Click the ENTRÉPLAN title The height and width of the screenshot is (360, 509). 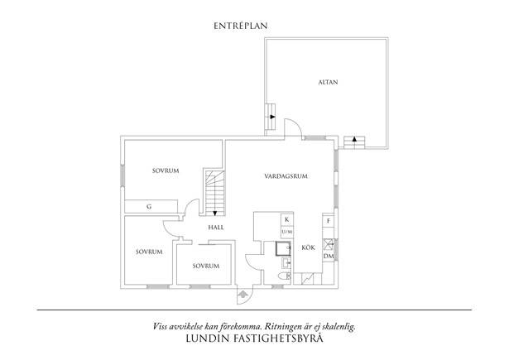[x=241, y=26]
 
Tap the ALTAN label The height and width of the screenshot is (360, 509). [x=328, y=83]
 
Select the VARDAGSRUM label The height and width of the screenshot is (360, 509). [x=286, y=176]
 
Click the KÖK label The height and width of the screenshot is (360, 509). [x=308, y=247]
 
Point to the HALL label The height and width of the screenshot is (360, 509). [x=216, y=228]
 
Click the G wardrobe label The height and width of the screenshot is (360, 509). [x=149, y=206]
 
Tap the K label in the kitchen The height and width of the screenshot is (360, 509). [x=287, y=220]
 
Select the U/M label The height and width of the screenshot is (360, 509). [x=287, y=232]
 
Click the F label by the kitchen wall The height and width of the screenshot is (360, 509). [x=329, y=221]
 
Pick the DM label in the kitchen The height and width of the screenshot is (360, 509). [x=329, y=256]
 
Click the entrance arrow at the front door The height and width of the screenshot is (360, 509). [x=242, y=295]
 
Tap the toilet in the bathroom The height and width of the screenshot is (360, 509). [x=285, y=276]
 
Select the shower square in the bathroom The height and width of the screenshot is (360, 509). [x=283, y=249]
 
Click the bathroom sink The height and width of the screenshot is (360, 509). [x=286, y=263]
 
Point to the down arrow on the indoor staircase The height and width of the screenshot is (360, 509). [x=214, y=214]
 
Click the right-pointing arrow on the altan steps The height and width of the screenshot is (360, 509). [x=272, y=117]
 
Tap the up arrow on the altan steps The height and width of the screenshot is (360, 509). [x=354, y=139]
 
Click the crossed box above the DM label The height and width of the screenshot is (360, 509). [x=329, y=244]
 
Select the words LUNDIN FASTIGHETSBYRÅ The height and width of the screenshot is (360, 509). [x=255, y=338]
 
